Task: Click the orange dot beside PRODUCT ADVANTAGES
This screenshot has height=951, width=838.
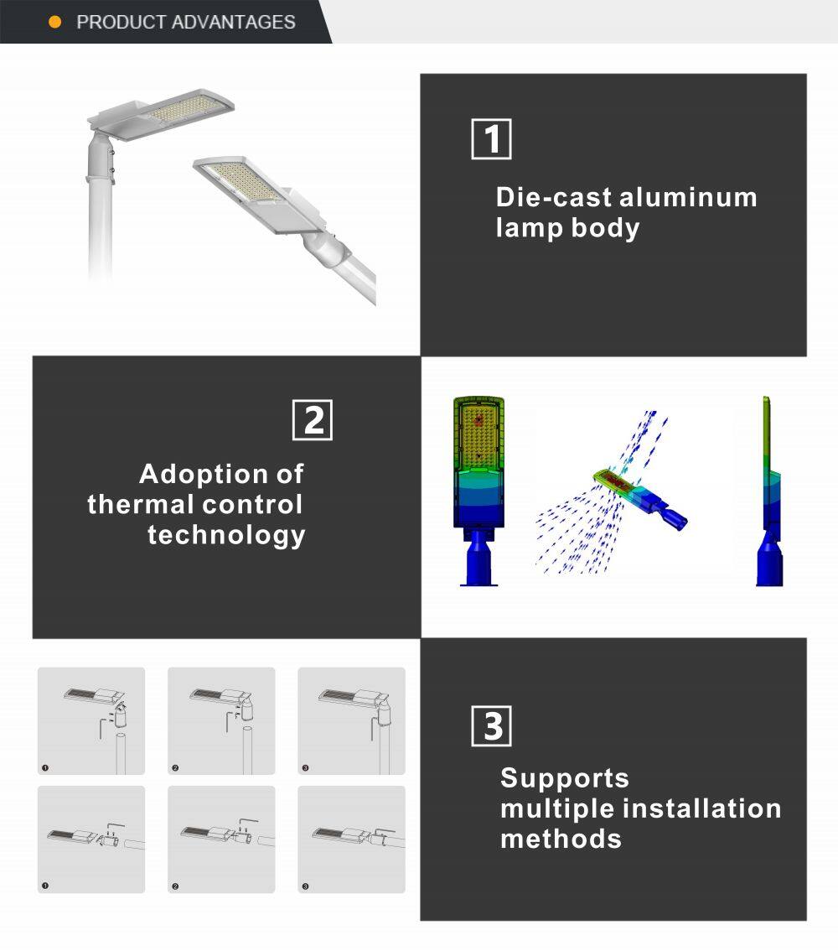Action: pyautogui.click(x=55, y=23)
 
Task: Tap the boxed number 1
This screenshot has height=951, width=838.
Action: pyautogui.click(x=491, y=139)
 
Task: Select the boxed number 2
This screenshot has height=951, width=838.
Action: pyautogui.click(x=313, y=420)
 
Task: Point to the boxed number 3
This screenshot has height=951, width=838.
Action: pyautogui.click(x=492, y=726)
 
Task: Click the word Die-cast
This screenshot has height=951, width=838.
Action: pyautogui.click(x=553, y=198)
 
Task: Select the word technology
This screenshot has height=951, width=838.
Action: pyautogui.click(x=226, y=535)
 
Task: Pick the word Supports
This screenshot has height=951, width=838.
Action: pyautogui.click(x=564, y=778)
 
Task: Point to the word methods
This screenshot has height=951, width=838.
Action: pyautogui.click(x=561, y=839)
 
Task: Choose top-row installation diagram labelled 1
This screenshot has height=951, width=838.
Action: pyautogui.click(x=91, y=720)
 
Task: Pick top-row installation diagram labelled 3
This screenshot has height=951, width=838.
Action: pyautogui.click(x=352, y=720)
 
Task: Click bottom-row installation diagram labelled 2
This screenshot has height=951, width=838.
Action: pyautogui.click(x=221, y=839)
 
